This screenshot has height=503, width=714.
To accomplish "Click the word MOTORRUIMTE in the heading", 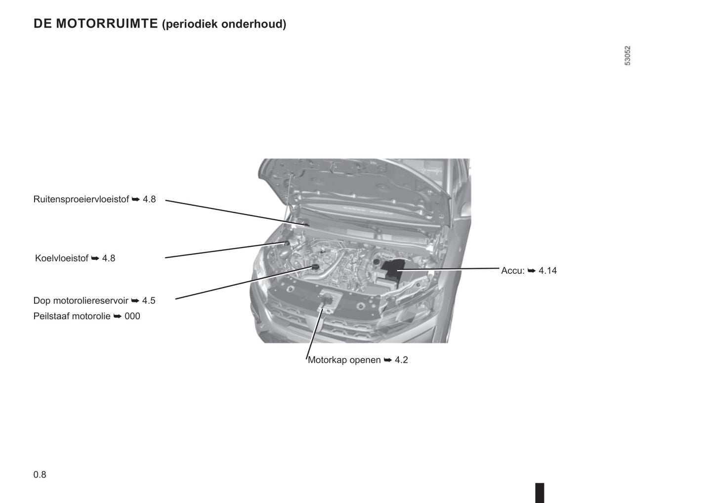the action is click(x=107, y=24).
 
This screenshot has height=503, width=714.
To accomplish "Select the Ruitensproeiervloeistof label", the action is click(x=81, y=199).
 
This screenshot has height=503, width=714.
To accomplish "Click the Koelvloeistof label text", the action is click(x=62, y=258).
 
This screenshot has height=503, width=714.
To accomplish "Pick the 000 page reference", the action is click(x=132, y=316).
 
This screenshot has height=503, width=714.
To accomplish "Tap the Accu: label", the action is click(x=513, y=271).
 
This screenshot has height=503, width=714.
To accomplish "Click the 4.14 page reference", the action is click(x=547, y=271).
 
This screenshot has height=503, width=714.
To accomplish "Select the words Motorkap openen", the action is click(x=344, y=360).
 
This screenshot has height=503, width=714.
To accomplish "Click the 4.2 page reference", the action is click(x=401, y=360).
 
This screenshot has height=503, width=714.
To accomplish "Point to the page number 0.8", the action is click(x=40, y=475).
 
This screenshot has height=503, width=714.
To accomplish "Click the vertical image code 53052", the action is click(x=628, y=56).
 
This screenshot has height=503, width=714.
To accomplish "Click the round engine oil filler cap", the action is click(x=316, y=267).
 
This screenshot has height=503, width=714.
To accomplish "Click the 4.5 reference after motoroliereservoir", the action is click(x=149, y=301).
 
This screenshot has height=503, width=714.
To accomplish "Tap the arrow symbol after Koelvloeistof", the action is click(x=95, y=258).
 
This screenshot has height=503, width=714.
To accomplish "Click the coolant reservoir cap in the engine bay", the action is click(x=287, y=243).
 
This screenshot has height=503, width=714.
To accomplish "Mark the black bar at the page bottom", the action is click(x=540, y=493).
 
